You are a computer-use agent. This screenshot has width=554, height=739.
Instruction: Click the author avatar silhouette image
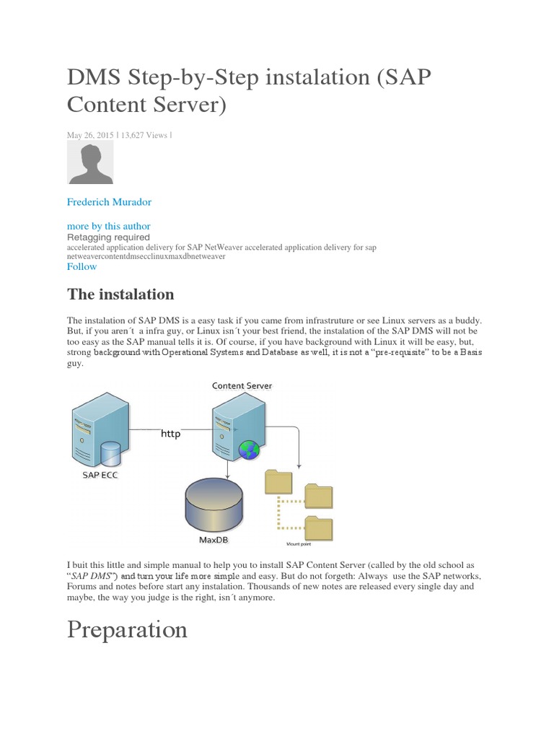click(90, 162)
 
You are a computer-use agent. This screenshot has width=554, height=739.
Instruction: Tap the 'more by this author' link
click(108, 226)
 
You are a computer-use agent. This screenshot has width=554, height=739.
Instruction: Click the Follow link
click(82, 266)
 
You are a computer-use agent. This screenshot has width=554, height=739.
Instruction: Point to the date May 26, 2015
click(90, 134)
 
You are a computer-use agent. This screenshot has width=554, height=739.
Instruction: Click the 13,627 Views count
click(146, 134)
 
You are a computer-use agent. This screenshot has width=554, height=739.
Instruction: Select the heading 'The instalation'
click(120, 294)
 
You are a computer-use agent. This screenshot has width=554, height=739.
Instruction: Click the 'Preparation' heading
click(127, 629)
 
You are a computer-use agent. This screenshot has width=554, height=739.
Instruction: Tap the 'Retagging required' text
click(108, 237)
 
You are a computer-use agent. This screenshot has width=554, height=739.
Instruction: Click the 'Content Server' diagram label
click(242, 385)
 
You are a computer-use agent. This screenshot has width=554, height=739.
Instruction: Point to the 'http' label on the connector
click(170, 434)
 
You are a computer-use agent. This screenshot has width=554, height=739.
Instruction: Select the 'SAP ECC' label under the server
click(99, 477)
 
